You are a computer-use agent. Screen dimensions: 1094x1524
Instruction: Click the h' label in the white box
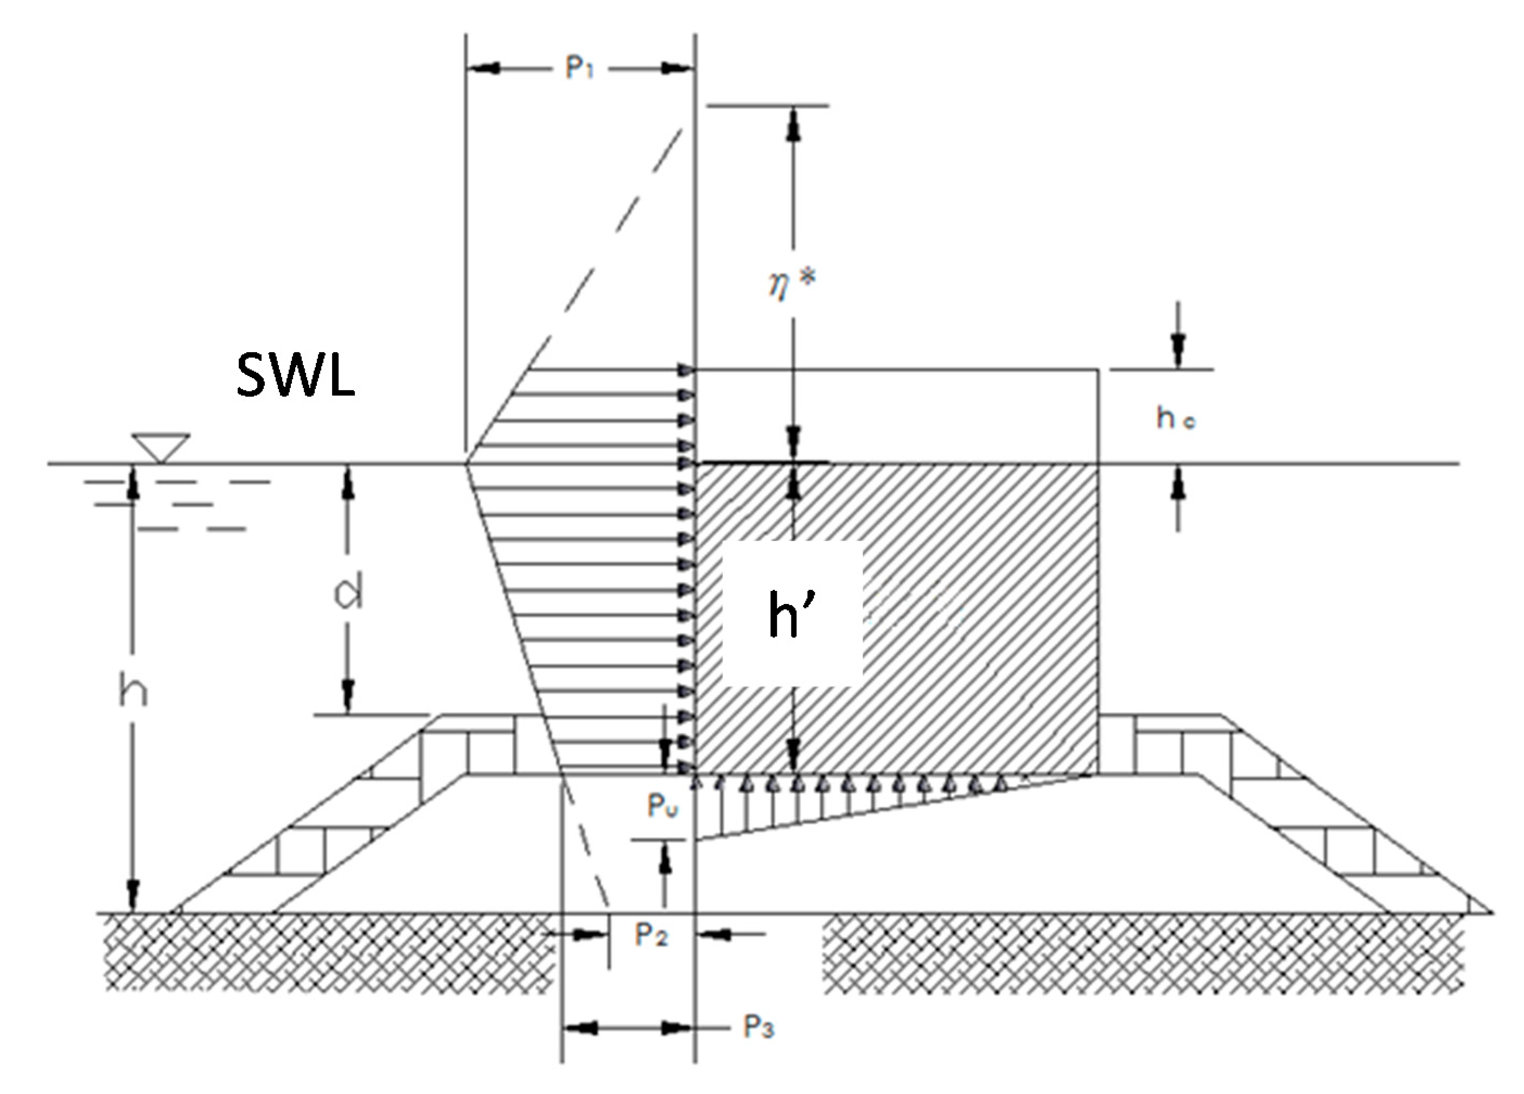tap(792, 614)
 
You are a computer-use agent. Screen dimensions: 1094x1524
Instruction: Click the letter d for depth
tap(348, 592)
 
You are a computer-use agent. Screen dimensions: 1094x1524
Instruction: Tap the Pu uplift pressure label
tap(662, 805)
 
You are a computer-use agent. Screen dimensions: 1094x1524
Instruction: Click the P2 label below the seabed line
tap(651, 934)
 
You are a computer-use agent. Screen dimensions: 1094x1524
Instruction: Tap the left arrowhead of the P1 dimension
tap(484, 68)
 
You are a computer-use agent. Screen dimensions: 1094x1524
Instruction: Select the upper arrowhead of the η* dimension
tap(794, 128)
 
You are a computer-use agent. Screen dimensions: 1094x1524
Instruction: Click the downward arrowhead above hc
tap(1177, 350)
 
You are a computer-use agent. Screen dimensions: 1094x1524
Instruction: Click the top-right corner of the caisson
tap(1098, 370)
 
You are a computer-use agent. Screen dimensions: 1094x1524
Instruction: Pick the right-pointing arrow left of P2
tap(591, 934)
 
